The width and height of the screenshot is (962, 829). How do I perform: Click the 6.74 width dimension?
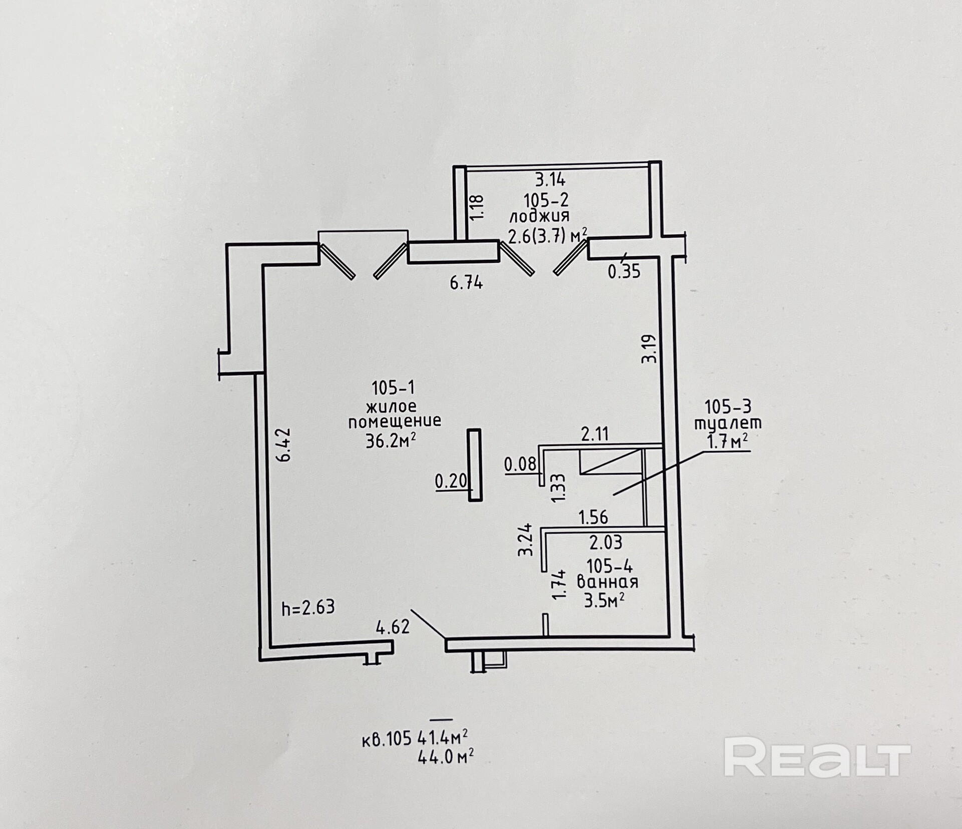click(x=466, y=283)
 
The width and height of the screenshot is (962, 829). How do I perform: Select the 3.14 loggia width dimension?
click(x=550, y=179)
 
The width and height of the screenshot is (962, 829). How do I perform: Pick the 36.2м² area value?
click(x=391, y=441)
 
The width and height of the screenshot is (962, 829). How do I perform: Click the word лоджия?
click(x=539, y=217)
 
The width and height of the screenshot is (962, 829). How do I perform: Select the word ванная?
click(x=607, y=582)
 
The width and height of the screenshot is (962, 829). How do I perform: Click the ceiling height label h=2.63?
click(x=308, y=607)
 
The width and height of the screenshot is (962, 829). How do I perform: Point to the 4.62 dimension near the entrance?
click(x=393, y=627)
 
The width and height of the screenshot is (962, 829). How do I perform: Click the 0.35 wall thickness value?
click(x=624, y=271)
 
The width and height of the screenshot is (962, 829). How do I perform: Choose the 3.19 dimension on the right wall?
click(x=649, y=349)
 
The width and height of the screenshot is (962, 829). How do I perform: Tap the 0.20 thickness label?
click(x=451, y=481)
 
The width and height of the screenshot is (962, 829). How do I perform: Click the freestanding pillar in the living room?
click(x=475, y=465)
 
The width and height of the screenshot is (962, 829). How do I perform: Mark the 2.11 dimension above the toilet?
click(x=594, y=434)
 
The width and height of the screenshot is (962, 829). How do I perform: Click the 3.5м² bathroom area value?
click(x=604, y=600)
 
